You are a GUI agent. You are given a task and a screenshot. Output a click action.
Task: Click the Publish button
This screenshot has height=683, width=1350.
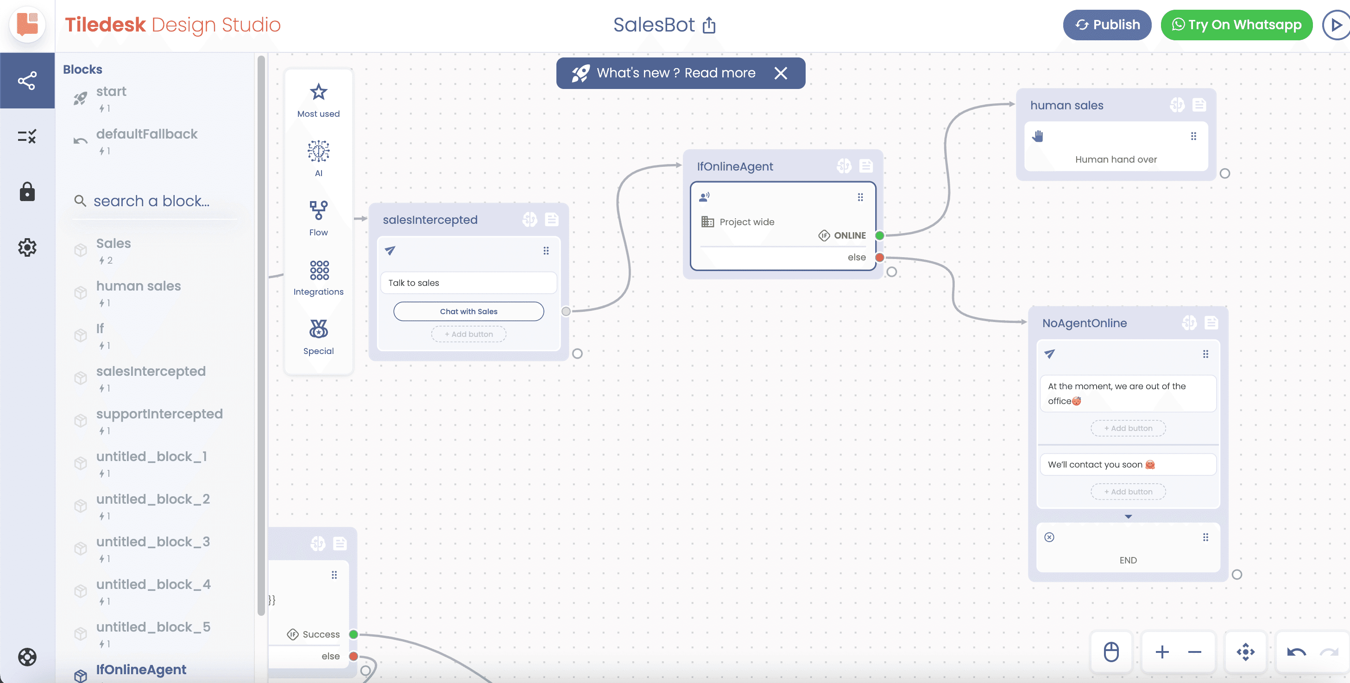[1107, 25]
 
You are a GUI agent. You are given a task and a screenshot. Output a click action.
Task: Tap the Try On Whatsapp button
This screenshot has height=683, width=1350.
[1236, 25]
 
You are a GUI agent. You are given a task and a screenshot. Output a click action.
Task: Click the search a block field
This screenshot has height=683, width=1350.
[151, 201]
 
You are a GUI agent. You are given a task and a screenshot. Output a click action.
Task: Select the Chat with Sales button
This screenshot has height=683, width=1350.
[468, 311]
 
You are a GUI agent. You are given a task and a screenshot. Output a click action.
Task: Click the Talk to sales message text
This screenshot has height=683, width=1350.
[414, 283]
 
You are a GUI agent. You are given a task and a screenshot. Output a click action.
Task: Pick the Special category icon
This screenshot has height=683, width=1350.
[319, 329]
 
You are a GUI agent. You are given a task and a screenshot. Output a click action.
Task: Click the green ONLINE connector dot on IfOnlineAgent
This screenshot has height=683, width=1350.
[880, 235]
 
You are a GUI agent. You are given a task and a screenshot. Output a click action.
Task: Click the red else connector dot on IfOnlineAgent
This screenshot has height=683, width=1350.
[880, 257]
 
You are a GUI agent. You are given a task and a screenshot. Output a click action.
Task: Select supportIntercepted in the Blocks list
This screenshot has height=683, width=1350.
[159, 414]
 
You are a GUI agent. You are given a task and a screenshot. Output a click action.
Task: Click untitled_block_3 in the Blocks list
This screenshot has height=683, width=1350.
[153, 542]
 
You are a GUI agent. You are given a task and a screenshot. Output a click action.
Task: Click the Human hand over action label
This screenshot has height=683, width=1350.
[1116, 159]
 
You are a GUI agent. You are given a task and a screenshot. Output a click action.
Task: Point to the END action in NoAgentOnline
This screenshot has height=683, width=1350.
[1128, 560]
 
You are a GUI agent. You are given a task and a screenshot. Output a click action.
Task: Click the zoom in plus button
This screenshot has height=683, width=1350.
[1162, 651]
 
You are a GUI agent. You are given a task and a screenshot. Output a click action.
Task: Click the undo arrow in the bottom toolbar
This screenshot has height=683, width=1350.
[1297, 652]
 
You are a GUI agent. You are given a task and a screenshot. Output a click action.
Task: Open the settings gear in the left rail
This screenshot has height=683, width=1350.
[27, 247]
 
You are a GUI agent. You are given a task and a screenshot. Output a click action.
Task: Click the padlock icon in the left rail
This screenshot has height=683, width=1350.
[27, 192]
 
